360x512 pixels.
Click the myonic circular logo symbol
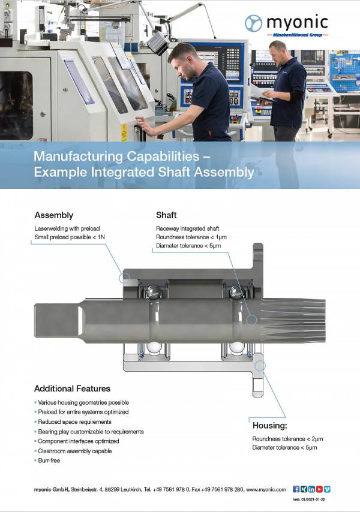pos(253,23)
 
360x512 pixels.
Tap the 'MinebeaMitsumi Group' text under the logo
pos(297,35)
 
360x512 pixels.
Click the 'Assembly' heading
pos(54,215)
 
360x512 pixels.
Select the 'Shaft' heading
pos(166,215)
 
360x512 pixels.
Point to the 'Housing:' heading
pos(270,426)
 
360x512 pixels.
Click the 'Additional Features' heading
pos(72,388)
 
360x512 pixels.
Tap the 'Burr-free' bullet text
pos(49,460)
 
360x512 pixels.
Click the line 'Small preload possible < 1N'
pos(70,237)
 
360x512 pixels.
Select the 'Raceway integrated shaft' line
pos(188,228)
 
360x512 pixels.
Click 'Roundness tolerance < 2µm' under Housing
pos(287,439)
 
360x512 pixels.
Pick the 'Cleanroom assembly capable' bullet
pos(75,451)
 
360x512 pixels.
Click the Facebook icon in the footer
pos(296,489)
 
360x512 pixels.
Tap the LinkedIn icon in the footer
pos(311,489)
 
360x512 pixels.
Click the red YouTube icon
pos(319,489)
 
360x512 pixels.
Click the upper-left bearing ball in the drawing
pos(153,291)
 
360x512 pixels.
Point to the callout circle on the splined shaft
pos(251,320)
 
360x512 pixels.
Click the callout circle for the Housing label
pos(260,366)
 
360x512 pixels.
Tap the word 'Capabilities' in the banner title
pos(163,156)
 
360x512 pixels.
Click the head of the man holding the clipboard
pos(278,50)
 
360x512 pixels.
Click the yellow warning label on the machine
pos(124,132)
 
